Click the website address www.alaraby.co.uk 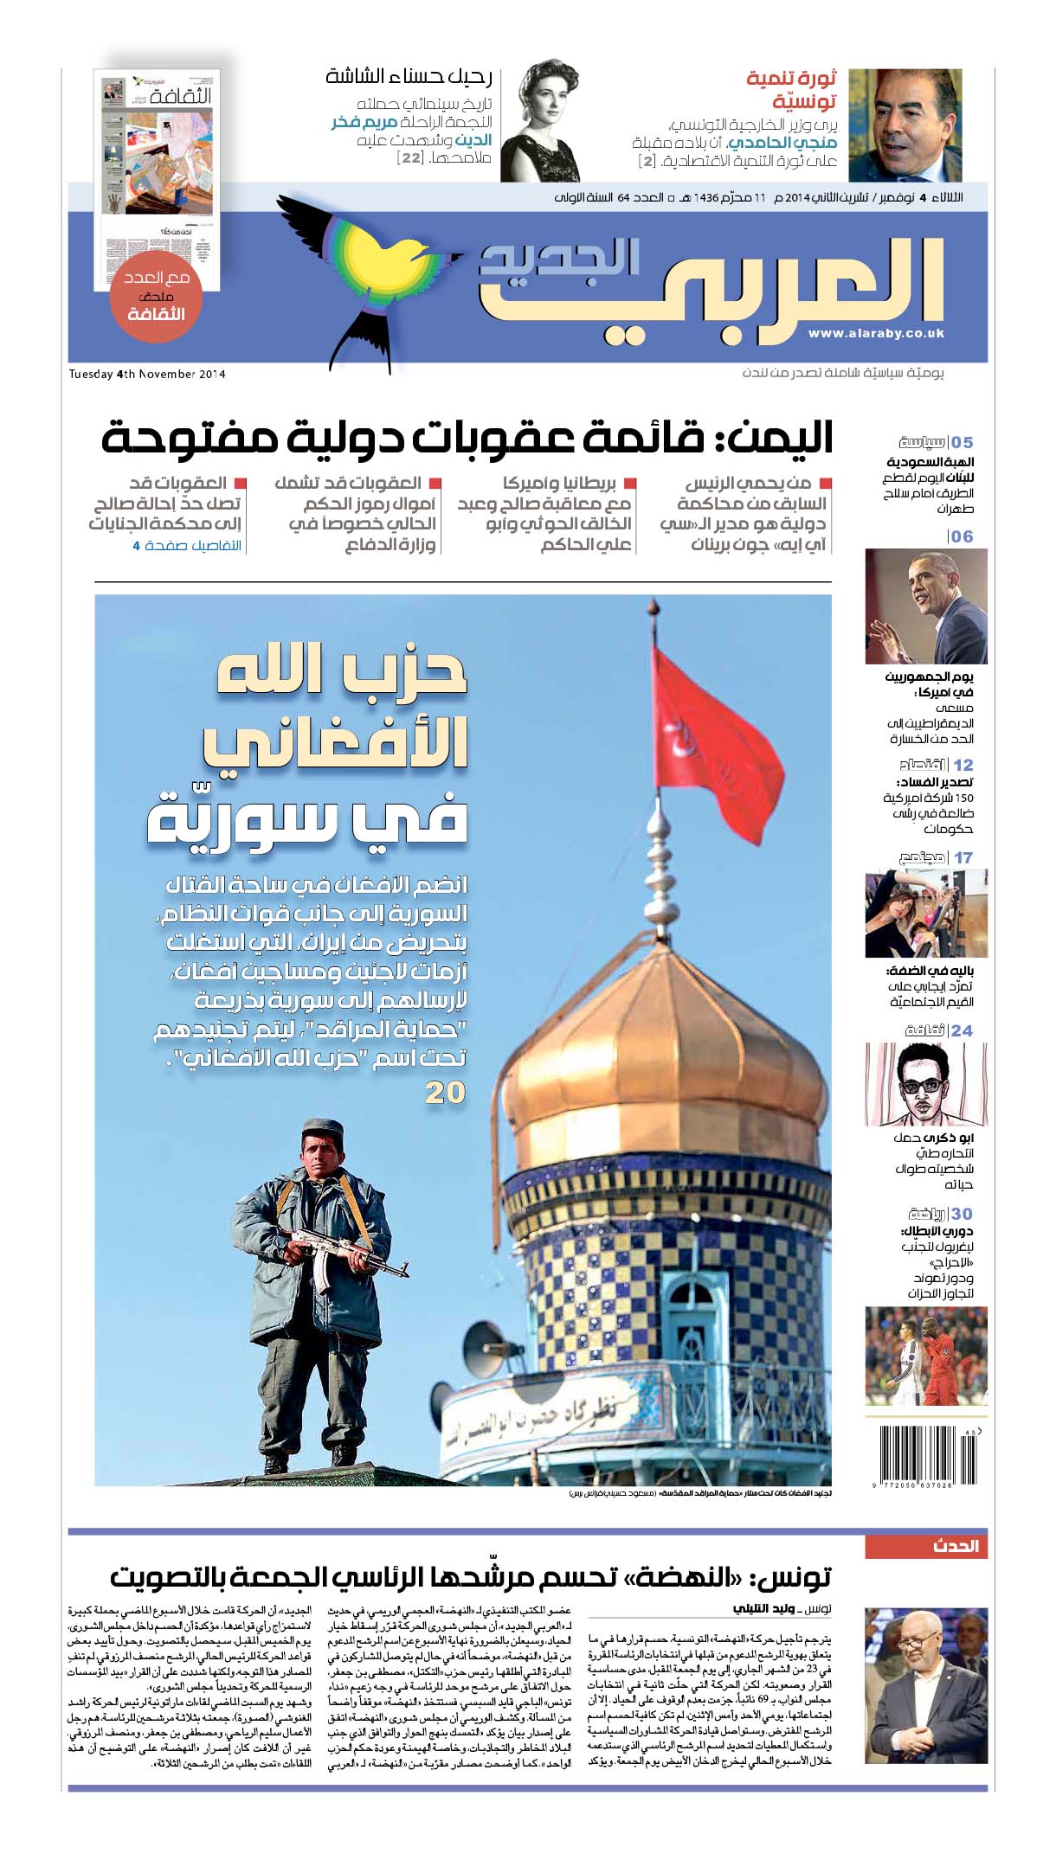pyautogui.click(x=876, y=333)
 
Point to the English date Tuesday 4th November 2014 pyautogui.click(x=147, y=375)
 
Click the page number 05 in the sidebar pyautogui.click(x=962, y=443)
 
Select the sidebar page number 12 pyautogui.click(x=963, y=765)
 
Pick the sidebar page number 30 pyautogui.click(x=962, y=1214)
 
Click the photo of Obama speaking pyautogui.click(x=925, y=606)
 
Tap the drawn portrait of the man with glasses pyautogui.click(x=925, y=1084)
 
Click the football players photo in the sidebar pyautogui.click(x=925, y=1357)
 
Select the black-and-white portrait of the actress pyautogui.click(x=540, y=120)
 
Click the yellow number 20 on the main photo pyautogui.click(x=445, y=1093)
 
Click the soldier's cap pyautogui.click(x=324, y=1127)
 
